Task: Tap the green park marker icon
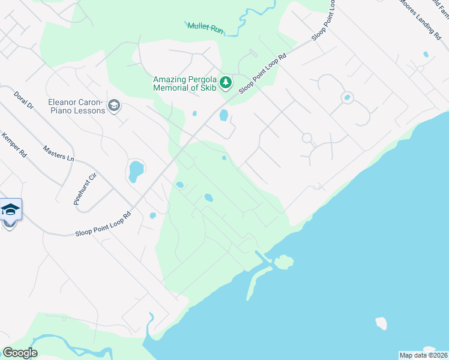click(225, 82)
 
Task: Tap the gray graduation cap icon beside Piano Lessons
click(113, 107)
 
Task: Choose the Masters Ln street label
click(58, 152)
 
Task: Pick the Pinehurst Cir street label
click(85, 190)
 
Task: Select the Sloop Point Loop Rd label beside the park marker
click(263, 74)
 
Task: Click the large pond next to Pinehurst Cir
click(136, 171)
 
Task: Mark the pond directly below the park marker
click(224, 115)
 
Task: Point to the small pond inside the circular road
click(346, 97)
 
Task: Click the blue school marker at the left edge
click(10, 210)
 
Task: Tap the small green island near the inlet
click(283, 262)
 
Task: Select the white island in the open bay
click(381, 323)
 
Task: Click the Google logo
click(20, 352)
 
